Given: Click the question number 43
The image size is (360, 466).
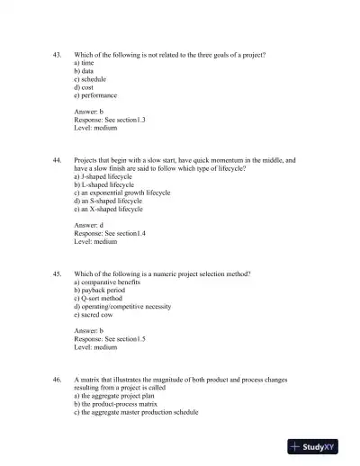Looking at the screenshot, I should tap(58, 56).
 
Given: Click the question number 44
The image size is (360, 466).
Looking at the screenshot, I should tap(58, 160).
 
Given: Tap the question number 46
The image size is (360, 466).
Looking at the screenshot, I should tap(58, 380).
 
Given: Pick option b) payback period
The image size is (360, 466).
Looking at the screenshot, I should tap(100, 291).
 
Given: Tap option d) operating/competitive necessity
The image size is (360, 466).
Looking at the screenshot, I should tap(122, 307).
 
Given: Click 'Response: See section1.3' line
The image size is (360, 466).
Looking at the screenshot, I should tap(110, 119).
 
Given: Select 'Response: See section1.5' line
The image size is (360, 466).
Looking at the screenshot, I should tap(110, 338).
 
